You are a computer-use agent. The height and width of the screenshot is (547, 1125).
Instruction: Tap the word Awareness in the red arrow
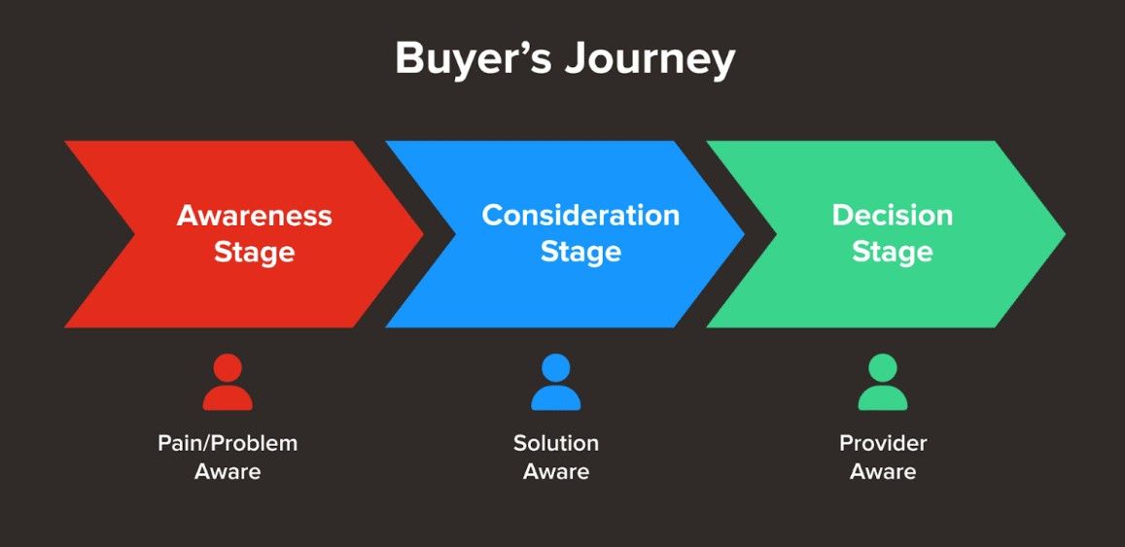coord(254,216)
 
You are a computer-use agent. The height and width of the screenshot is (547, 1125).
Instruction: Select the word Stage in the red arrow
coord(254,253)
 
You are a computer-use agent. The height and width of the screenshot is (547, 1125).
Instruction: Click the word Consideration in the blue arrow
coord(580,216)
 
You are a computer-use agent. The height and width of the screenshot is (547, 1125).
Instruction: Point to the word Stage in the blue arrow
coord(580,253)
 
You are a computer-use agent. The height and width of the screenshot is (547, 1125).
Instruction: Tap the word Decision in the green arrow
coord(892,216)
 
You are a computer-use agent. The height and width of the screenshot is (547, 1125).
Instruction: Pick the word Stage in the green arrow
coord(892,253)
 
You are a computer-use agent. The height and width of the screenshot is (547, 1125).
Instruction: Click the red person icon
coord(228,383)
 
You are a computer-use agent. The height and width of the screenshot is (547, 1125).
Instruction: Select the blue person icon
coord(555,383)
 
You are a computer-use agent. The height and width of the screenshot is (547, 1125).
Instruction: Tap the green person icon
coord(883,383)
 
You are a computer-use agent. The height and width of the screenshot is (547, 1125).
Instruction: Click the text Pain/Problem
coord(228,444)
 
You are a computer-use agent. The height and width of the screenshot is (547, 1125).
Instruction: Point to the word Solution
coord(556,444)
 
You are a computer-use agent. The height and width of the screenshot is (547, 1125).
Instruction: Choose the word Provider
coord(883,444)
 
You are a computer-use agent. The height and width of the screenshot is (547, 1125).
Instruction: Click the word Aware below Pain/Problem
coord(228,473)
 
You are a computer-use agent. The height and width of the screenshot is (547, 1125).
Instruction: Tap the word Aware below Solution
coord(556,473)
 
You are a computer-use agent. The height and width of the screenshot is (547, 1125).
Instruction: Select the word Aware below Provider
coord(883,473)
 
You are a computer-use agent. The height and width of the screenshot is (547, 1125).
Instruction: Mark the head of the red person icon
coord(228,368)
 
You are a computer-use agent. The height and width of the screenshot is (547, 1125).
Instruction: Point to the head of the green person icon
coord(883,368)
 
